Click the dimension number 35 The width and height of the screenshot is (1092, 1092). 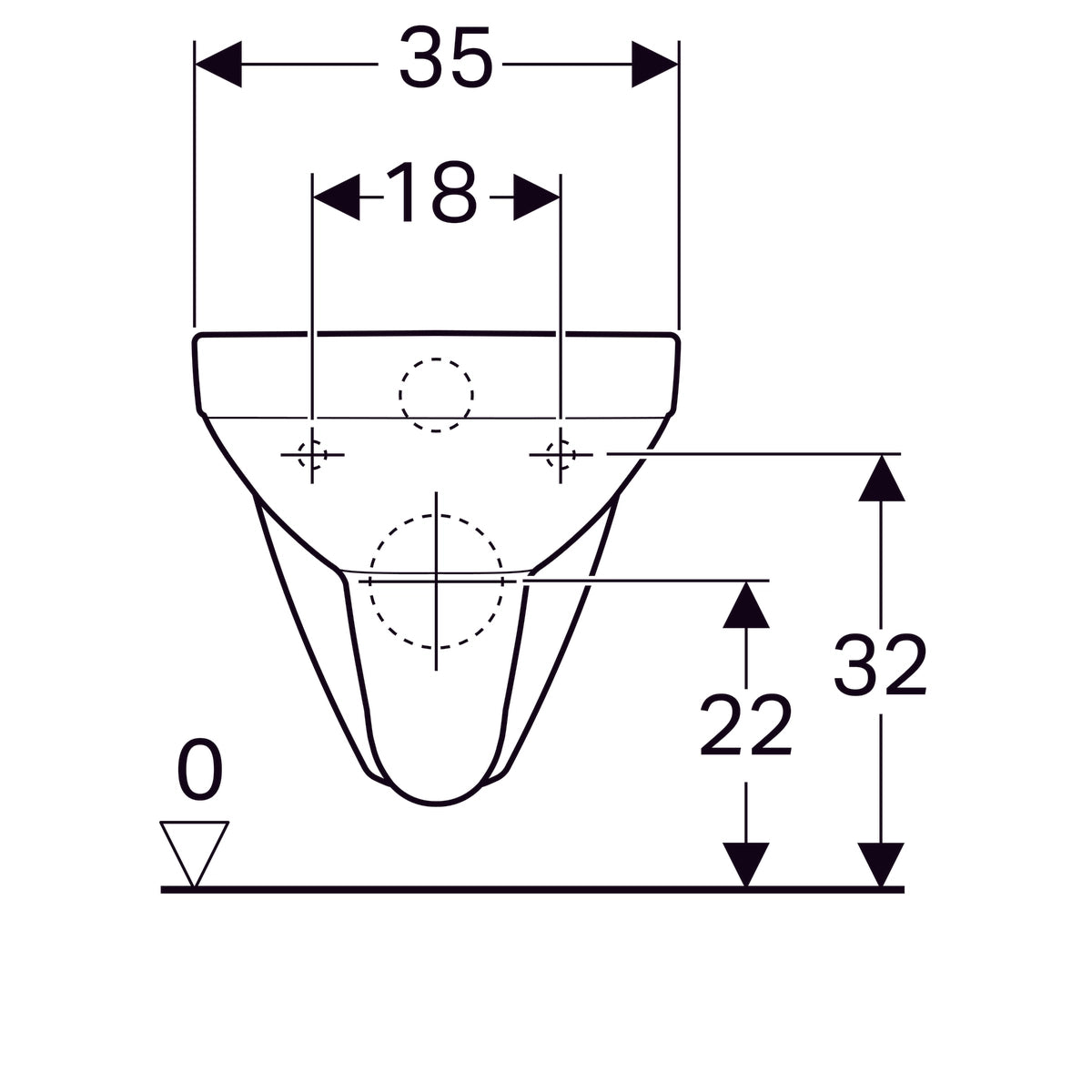click(x=445, y=60)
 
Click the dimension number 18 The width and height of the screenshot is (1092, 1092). click(x=430, y=194)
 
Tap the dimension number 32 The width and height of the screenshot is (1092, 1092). click(x=880, y=667)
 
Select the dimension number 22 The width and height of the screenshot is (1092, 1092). click(x=745, y=726)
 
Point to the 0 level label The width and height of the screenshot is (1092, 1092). click(x=199, y=771)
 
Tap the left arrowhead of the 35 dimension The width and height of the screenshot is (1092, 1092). click(x=219, y=64)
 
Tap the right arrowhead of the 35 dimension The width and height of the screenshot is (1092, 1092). click(x=654, y=64)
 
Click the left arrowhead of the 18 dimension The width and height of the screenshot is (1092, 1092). click(x=336, y=197)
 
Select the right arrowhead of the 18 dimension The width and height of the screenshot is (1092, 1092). click(x=536, y=197)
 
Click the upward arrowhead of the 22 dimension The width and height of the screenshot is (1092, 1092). click(x=746, y=604)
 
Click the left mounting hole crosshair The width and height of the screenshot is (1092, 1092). click(x=312, y=453)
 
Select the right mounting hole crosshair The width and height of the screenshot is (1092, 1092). click(x=560, y=452)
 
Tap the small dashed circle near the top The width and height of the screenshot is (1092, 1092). click(x=436, y=395)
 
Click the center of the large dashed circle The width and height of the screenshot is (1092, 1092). click(x=436, y=580)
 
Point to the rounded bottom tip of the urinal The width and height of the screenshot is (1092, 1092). click(x=440, y=804)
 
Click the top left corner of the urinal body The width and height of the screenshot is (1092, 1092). click(x=198, y=339)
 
